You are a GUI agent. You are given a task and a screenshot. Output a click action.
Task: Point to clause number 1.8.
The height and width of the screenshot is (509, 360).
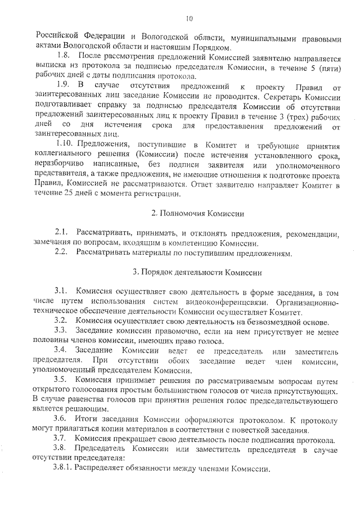point(64,57)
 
